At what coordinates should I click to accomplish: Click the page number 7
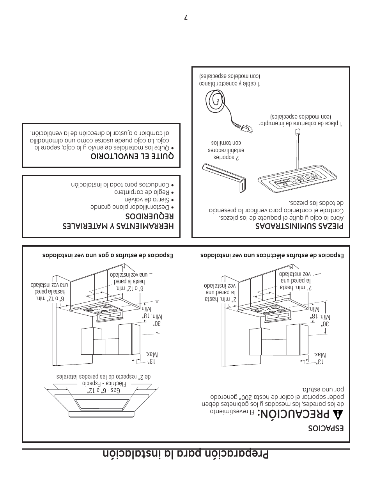coord(186,18)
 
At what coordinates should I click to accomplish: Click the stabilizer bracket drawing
coord(224,177)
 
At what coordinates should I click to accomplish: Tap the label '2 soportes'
coord(226,157)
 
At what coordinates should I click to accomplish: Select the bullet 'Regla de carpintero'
coord(142,192)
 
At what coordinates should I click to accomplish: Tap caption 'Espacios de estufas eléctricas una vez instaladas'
coord(272,256)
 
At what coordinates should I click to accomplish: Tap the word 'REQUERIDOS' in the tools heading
coord(149,216)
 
